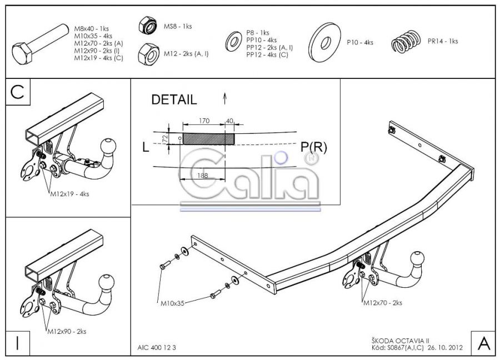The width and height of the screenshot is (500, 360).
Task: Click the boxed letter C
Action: [18, 92]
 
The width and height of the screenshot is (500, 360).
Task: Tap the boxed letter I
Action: [17, 343]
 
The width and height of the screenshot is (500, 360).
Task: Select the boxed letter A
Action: [484, 343]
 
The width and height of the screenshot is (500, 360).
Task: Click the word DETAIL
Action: [174, 99]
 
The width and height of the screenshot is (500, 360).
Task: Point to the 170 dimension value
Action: [204, 121]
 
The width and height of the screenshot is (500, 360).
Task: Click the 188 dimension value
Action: [202, 176]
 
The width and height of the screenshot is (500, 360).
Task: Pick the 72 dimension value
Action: [165, 139]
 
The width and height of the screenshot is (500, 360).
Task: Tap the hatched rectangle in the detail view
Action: [208, 139]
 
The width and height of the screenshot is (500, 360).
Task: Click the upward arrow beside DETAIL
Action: [225, 98]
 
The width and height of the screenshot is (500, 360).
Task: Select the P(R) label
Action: [314, 147]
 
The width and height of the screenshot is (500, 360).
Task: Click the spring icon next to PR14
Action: [406, 42]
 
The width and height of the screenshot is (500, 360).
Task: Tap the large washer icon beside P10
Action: [324, 42]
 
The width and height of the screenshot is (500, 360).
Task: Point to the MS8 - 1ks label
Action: [178, 27]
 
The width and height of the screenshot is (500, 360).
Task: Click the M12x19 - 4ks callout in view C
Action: [69, 193]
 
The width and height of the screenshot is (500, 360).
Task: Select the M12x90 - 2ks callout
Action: [67, 331]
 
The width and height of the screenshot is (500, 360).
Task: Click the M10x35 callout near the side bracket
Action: [173, 303]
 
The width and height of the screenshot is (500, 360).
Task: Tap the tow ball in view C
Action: [108, 147]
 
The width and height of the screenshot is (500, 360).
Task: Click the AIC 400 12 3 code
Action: [157, 347]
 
